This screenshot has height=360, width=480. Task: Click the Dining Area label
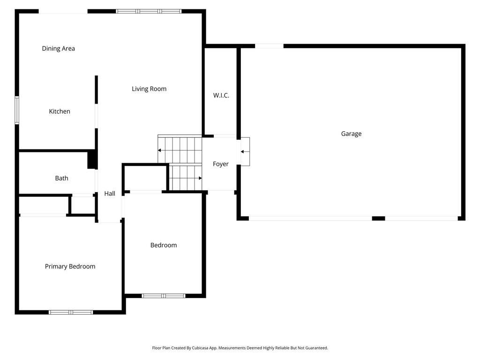point(58,48)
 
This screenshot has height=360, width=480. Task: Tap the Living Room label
point(149,89)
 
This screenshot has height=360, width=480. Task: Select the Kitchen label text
point(60,112)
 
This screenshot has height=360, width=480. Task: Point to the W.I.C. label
point(221,96)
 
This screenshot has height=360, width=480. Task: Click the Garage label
point(351,134)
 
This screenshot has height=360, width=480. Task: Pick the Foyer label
point(221,164)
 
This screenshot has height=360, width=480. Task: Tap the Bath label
point(61,178)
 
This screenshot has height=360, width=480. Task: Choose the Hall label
point(110,194)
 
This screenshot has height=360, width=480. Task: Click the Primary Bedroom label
point(70,266)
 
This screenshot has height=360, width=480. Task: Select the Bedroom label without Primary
point(164,245)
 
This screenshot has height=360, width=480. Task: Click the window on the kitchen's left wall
point(17,110)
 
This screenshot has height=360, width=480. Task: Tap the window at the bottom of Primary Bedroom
point(71,312)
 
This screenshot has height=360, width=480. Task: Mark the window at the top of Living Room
point(149,11)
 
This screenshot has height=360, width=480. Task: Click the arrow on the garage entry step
point(245,151)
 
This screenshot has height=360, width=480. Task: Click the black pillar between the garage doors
point(378,218)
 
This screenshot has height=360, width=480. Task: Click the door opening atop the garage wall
point(270,46)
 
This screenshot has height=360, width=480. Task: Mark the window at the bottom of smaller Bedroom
point(164,296)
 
